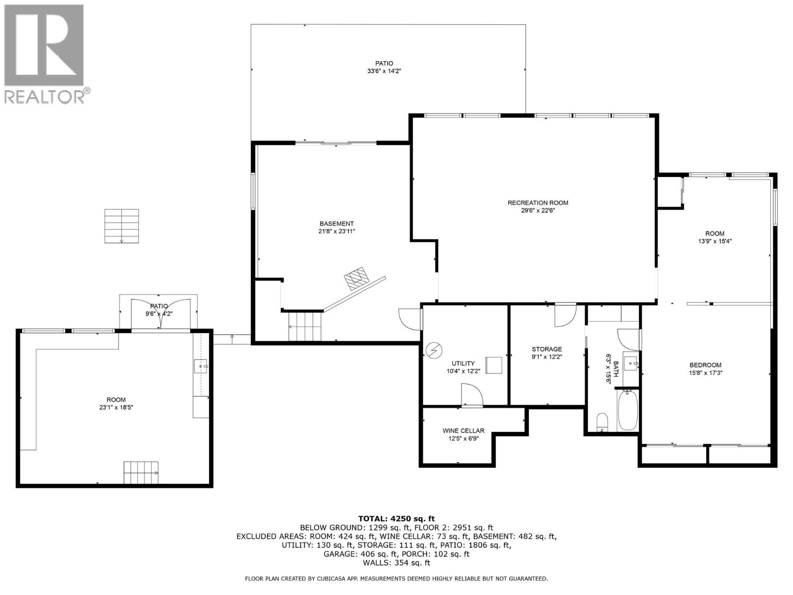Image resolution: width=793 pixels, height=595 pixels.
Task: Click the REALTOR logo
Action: [47, 54]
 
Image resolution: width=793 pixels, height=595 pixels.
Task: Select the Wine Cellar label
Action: [463, 430]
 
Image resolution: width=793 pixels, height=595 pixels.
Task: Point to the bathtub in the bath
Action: [628, 411]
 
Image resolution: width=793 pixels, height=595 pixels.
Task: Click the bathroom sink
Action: [631, 361]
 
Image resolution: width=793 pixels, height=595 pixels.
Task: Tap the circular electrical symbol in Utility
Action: [433, 351]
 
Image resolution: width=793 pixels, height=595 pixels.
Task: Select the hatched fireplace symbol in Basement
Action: [356, 278]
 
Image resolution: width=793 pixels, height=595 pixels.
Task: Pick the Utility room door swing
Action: [472, 395]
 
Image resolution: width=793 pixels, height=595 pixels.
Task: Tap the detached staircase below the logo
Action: [122, 226]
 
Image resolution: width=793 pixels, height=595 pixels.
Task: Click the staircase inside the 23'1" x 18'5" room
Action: [141, 473]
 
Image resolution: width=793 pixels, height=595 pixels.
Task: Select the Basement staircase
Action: [304, 327]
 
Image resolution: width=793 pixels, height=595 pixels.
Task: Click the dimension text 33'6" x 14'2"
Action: [385, 71]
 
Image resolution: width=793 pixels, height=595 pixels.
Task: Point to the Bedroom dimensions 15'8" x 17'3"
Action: [706, 373]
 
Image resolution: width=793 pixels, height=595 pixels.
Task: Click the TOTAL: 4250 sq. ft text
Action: [396, 519]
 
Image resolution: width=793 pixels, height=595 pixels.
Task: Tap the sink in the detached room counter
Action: [201, 366]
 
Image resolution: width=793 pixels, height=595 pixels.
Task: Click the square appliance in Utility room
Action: [494, 365]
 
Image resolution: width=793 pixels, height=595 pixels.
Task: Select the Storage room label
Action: [547, 349]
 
